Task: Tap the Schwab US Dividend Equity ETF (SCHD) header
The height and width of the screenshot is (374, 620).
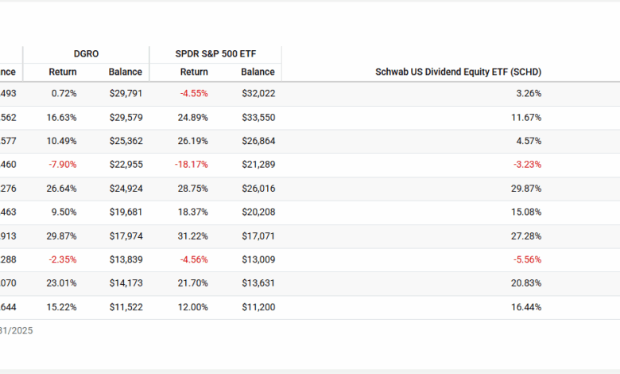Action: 458,72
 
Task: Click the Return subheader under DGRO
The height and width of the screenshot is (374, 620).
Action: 63,72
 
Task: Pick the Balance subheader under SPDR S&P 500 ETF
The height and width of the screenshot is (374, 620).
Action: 258,72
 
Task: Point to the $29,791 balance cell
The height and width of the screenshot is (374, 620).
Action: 126,93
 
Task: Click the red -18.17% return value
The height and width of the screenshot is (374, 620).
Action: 192,165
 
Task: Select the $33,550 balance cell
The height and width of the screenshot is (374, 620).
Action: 258,117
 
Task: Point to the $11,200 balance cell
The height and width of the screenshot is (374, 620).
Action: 258,308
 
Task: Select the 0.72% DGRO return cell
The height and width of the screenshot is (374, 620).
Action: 64,93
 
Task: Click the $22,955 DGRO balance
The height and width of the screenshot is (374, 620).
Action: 126,165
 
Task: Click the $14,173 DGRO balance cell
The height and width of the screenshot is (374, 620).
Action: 126,284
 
